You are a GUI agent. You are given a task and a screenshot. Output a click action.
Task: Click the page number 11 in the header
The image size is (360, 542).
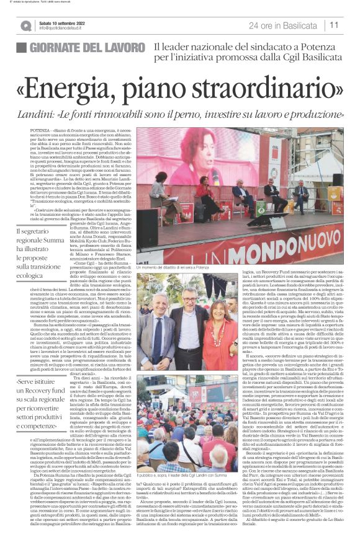[334, 25]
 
